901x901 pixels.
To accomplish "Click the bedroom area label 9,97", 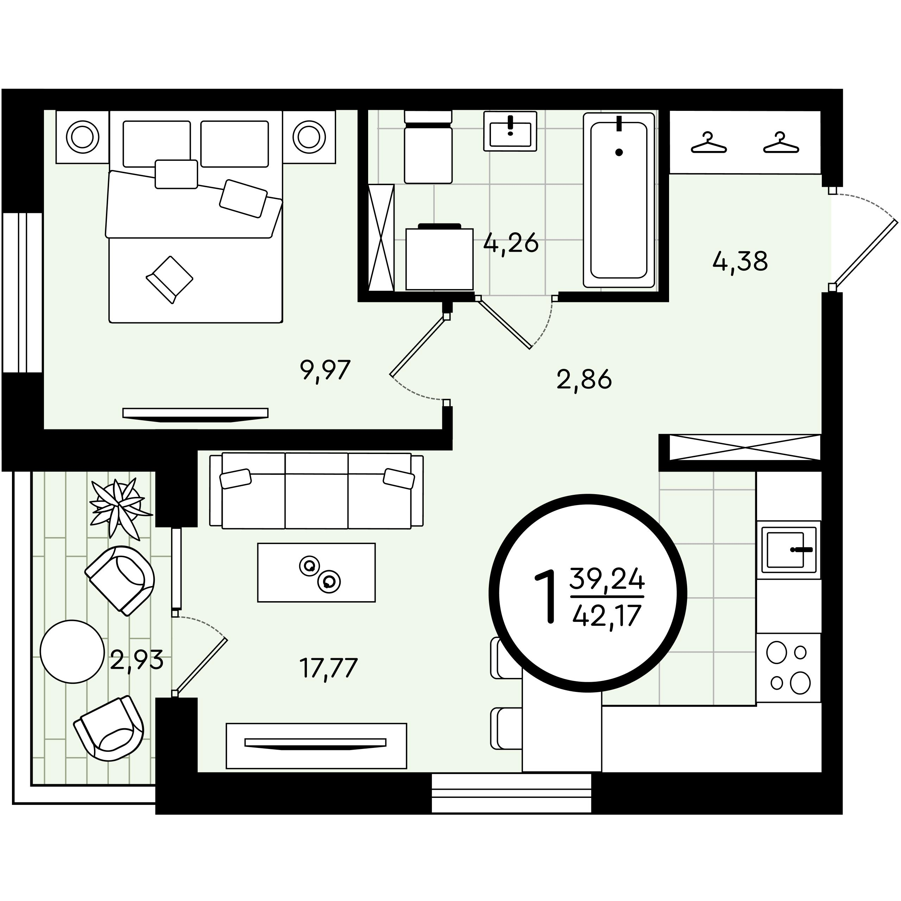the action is (x=326, y=371).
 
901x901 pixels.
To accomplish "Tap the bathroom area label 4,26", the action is (x=511, y=244).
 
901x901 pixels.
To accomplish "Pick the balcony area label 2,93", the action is (x=137, y=660).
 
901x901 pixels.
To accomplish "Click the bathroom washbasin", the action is (x=510, y=131).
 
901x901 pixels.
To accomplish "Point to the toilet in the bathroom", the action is (x=428, y=146).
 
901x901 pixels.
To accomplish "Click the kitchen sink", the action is (x=788, y=550).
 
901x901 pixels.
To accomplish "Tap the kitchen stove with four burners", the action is (x=788, y=667).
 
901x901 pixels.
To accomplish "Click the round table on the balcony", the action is (x=72, y=651).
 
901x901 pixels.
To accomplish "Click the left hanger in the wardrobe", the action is (x=709, y=143).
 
